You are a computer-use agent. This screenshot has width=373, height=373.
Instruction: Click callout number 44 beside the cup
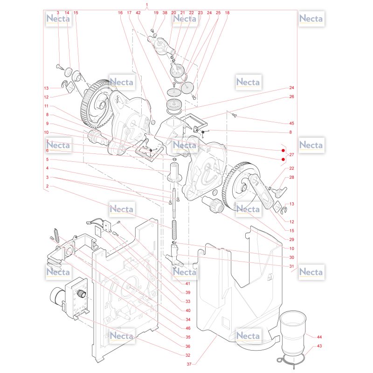coord(319,337)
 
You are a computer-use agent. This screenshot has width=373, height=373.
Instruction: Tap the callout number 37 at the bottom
coord(189,364)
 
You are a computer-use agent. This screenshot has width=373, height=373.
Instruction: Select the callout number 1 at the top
coord(147,5)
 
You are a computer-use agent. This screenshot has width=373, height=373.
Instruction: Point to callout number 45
coord(292,123)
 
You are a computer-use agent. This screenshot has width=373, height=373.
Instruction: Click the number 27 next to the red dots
coord(292,155)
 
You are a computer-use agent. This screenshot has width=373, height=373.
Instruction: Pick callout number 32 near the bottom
coord(188,355)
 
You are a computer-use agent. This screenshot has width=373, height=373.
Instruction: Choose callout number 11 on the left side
coord(46,106)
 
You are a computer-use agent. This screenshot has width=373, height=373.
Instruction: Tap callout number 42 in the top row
coord(138,13)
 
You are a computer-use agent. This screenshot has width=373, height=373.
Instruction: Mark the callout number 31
coord(292,266)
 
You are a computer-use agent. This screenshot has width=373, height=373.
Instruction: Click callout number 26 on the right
coord(292,97)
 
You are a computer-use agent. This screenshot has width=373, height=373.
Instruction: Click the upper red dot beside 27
coord(283,150)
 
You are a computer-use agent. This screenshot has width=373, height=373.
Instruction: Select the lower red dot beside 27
coord(283,159)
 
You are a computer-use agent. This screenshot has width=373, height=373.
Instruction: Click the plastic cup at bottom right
coord(293,332)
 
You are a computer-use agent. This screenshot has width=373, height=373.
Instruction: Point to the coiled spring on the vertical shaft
coord(174,229)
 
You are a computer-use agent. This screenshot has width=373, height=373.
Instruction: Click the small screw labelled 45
coord(235,116)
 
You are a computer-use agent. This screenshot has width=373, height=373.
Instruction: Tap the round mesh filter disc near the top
coord(187,88)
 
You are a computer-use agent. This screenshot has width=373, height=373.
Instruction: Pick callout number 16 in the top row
coord(120,13)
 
